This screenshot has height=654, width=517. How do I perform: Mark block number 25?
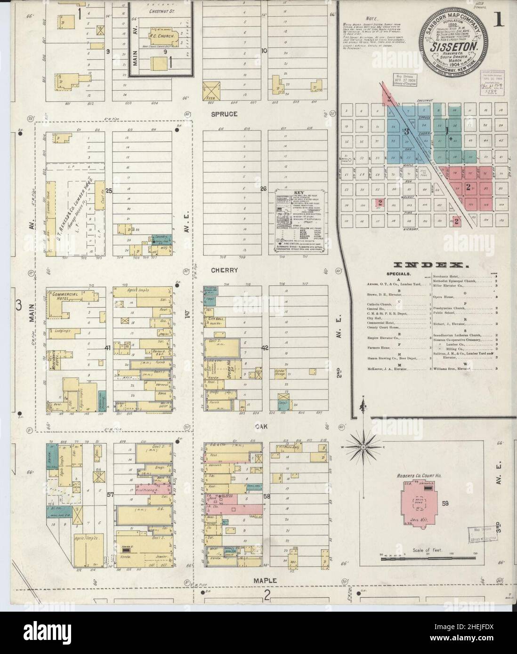tap(109, 191)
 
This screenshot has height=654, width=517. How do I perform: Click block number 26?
tap(264, 189)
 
